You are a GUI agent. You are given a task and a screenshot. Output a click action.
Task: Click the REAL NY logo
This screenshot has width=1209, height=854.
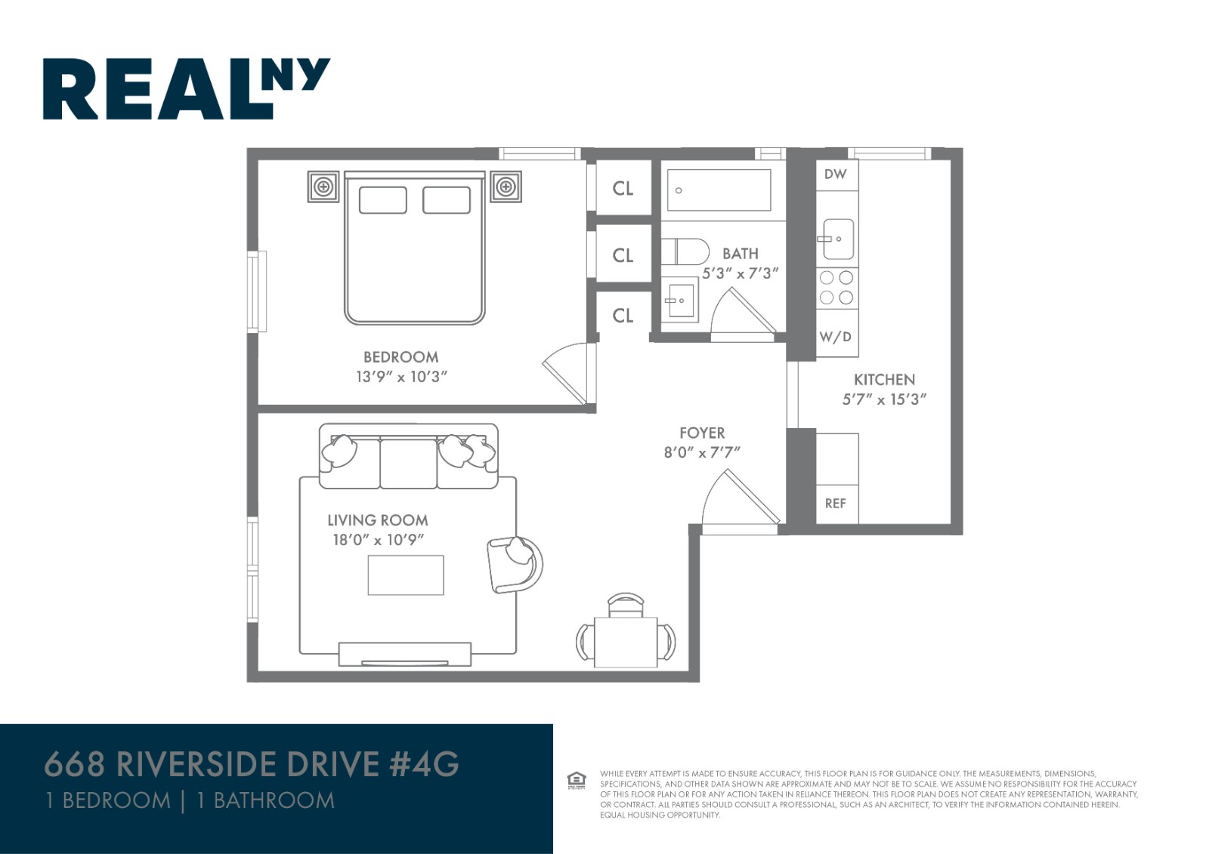coord(185,88)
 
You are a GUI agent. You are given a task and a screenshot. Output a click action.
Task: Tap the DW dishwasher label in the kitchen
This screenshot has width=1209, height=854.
coord(835,174)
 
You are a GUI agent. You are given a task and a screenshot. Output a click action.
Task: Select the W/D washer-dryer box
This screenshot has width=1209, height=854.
coord(836,337)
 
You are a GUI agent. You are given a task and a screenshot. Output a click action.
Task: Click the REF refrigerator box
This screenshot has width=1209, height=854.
coord(836,503)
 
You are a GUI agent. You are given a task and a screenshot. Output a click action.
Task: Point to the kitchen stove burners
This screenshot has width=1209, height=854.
coord(836,288)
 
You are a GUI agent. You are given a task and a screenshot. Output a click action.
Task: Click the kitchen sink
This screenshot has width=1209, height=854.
coord(838,239)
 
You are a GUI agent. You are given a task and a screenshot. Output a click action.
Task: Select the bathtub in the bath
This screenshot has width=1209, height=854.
coord(719,190)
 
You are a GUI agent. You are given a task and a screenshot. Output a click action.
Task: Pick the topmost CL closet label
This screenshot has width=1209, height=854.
coord(623,189)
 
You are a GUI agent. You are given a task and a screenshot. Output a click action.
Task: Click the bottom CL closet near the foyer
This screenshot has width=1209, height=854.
coord(623,316)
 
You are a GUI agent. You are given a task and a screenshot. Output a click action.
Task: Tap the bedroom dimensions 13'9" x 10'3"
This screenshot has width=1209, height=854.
coord(401,376)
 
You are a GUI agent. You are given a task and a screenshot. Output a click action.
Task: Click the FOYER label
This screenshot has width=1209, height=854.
coord(701,433)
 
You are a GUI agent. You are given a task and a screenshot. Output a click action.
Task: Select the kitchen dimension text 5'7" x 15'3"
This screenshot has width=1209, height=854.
coord(884,399)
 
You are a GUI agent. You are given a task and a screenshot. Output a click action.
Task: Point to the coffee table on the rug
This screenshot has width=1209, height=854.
coord(406,575)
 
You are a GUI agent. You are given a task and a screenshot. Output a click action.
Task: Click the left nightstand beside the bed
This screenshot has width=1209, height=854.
coord(323,187)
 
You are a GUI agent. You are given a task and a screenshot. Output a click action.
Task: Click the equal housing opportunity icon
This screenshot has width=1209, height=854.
coord(576,780)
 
